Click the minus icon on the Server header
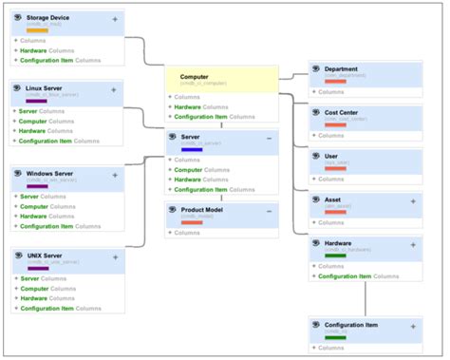[x=269, y=139]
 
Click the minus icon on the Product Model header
[x=269, y=211]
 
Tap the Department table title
[x=341, y=69]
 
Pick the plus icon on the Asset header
[x=412, y=200]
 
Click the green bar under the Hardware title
[x=335, y=255]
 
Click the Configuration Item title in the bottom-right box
[x=351, y=325]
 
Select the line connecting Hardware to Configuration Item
[x=366, y=299]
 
